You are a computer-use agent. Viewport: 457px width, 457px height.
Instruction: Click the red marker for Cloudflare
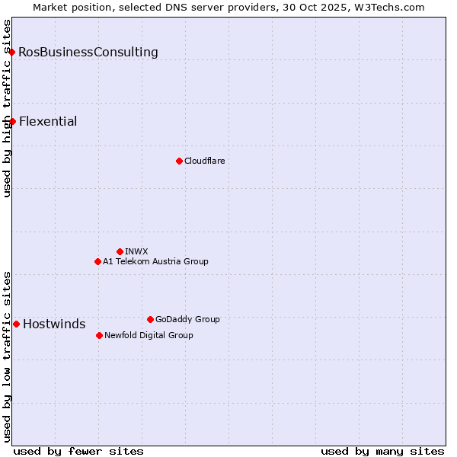(179, 161)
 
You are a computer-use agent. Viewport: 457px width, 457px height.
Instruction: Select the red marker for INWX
(120, 251)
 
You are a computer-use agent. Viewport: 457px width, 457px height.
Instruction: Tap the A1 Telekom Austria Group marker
(97, 261)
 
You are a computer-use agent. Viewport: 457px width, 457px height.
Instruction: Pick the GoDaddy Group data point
(150, 319)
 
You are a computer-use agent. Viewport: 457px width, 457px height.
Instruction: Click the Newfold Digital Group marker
(99, 335)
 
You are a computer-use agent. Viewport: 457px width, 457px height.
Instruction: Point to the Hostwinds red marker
(16, 324)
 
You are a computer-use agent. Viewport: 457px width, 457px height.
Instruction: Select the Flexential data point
(12, 121)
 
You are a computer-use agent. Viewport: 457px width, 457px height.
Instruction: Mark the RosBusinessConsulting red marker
(12, 52)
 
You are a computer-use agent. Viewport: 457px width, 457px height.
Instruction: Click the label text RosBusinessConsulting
(88, 53)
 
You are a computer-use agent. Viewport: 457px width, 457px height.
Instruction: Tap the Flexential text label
(48, 122)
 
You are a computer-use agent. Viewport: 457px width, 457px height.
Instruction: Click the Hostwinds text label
(54, 324)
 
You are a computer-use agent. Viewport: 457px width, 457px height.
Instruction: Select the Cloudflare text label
(204, 161)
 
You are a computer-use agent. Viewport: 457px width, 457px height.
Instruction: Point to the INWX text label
(136, 251)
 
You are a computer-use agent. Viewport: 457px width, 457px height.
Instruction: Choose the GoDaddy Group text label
(187, 319)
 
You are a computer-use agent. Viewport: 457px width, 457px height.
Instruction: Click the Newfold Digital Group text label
(149, 335)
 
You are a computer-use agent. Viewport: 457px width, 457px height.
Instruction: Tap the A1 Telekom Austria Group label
(155, 261)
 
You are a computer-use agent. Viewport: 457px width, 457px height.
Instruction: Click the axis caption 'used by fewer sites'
(78, 451)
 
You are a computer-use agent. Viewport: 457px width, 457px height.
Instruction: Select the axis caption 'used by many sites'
(382, 451)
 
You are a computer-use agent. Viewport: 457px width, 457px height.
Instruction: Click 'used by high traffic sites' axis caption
(7, 108)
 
